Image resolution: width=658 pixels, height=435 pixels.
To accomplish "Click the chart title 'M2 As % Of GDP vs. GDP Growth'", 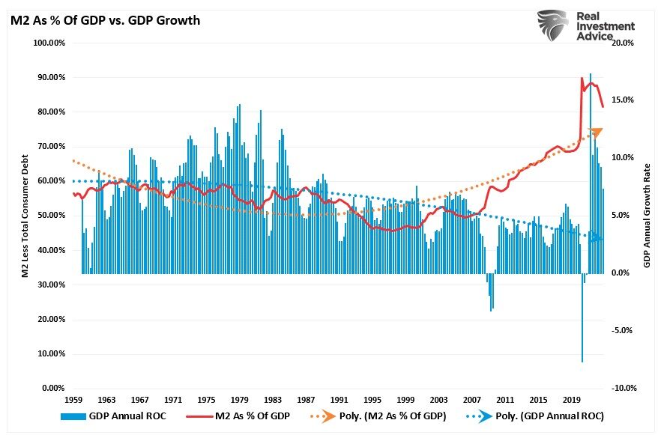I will pos(105,20).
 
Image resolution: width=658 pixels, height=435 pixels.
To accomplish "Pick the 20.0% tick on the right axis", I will pos(624,43).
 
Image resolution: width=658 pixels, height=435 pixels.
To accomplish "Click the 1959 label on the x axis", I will pos(75,401).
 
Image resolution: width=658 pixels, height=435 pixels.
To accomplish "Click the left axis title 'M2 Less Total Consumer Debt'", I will pos(25,216).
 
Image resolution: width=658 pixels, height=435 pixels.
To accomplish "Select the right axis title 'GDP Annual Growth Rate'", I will pos(646,216).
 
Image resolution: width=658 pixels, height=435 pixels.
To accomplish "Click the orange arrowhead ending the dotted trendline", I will pos(596,133).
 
